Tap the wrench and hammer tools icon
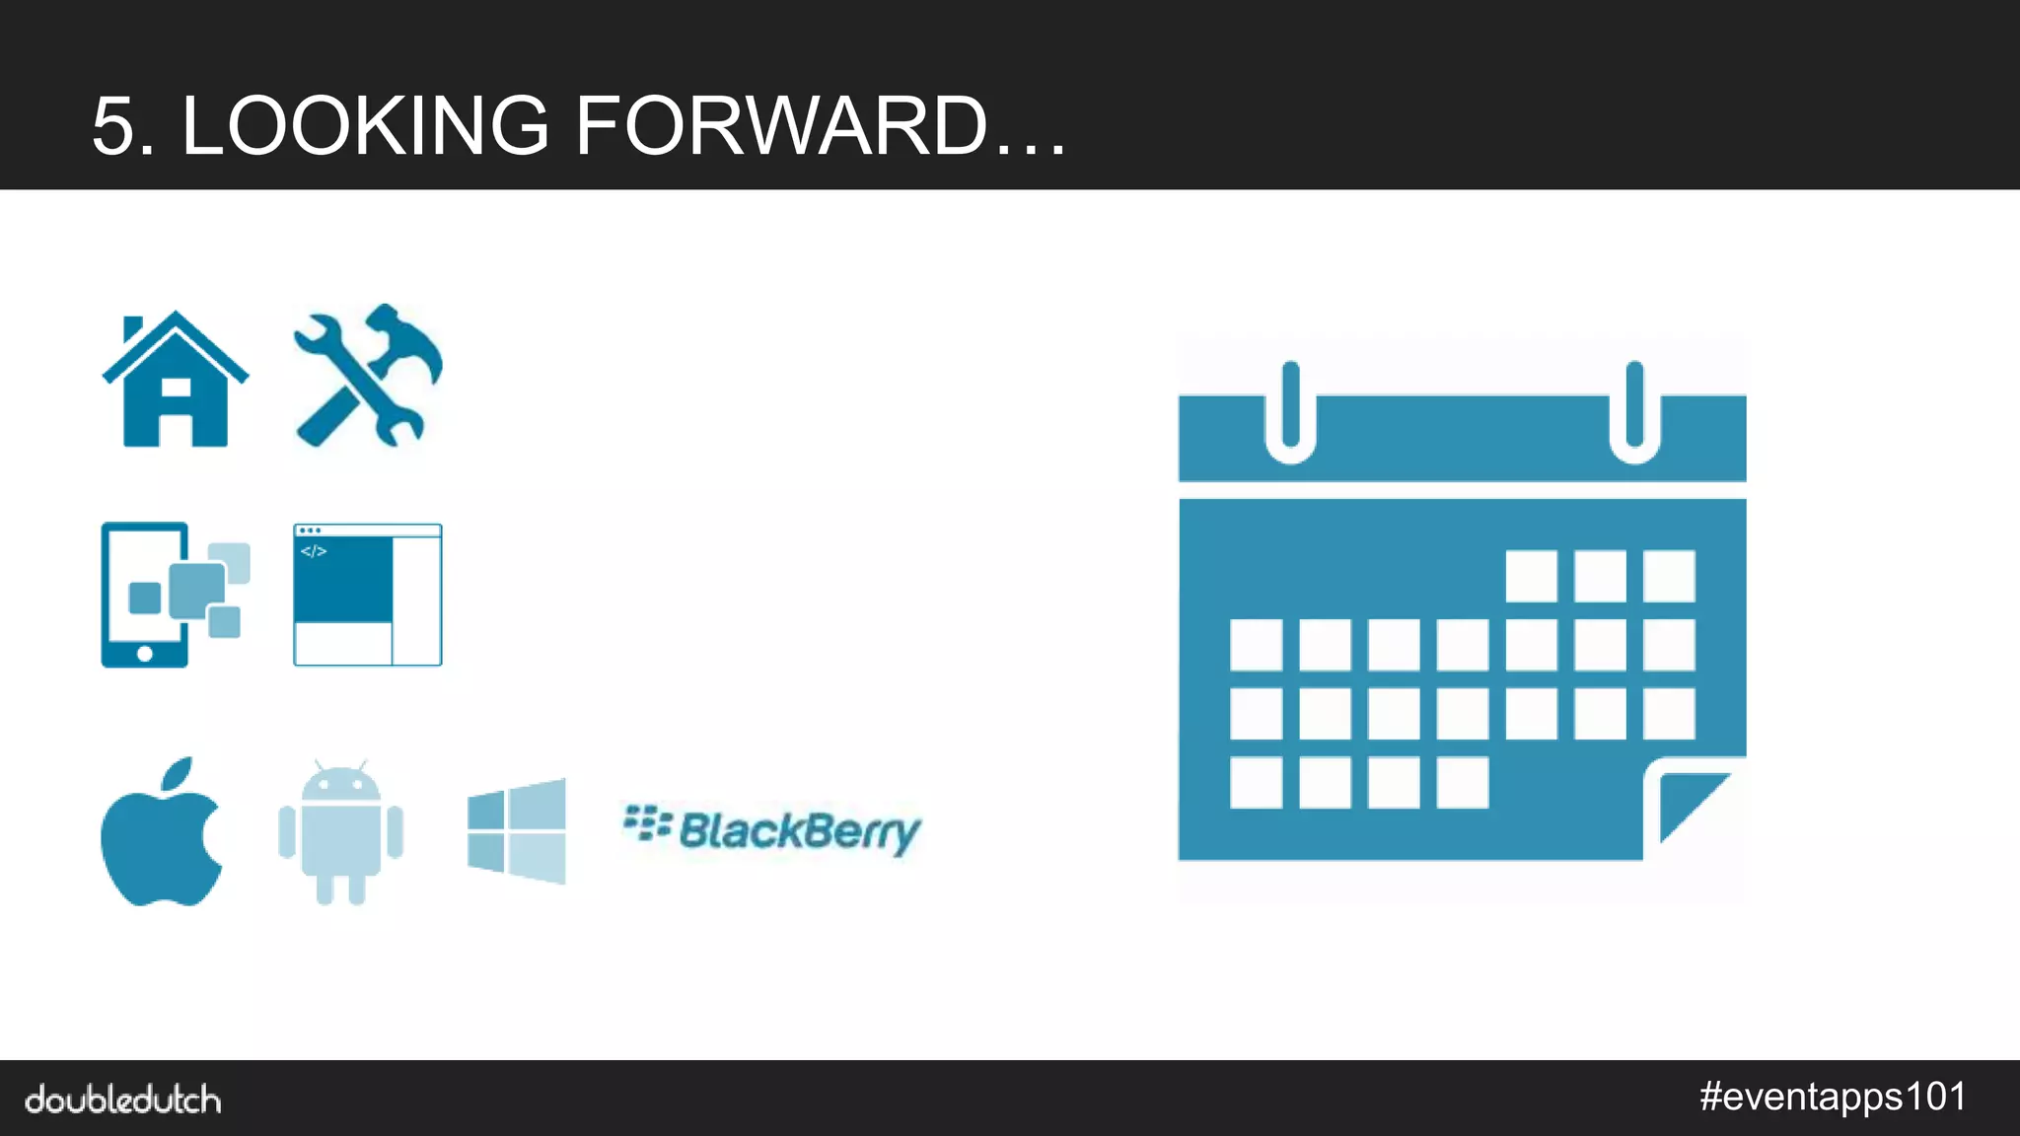367,377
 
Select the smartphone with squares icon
174,595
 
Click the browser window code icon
367,595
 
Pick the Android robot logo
340,833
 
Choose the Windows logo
517,830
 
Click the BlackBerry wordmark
772,830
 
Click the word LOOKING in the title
365,126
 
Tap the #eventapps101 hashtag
1833,1097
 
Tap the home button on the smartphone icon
145,653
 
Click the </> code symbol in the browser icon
314,551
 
